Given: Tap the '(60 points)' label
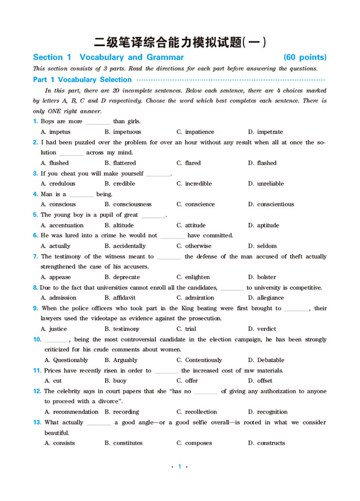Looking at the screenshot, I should [305, 57].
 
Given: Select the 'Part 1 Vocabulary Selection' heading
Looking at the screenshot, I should [82, 80].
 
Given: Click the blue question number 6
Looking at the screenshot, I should [35, 235].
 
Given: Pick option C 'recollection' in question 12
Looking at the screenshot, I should [197, 412].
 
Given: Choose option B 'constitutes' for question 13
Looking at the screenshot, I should [123, 443].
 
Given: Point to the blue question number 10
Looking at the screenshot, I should [37, 339].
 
